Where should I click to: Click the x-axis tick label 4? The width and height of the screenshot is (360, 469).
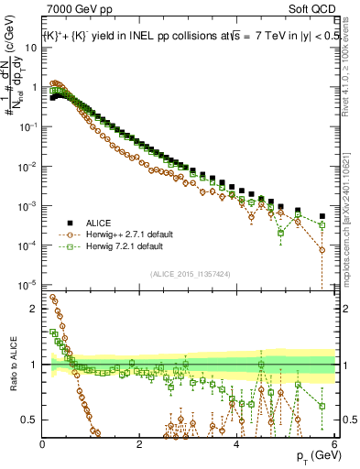tap(237, 444)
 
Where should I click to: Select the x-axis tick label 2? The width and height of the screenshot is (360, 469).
tap(140, 444)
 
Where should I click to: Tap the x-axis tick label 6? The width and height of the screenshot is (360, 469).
tap(334, 444)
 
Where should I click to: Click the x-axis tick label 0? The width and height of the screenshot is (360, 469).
tap(43, 444)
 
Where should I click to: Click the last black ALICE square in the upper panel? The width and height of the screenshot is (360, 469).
tap(322, 217)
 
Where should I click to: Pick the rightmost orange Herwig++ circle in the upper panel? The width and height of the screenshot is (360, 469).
tap(322, 249)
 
